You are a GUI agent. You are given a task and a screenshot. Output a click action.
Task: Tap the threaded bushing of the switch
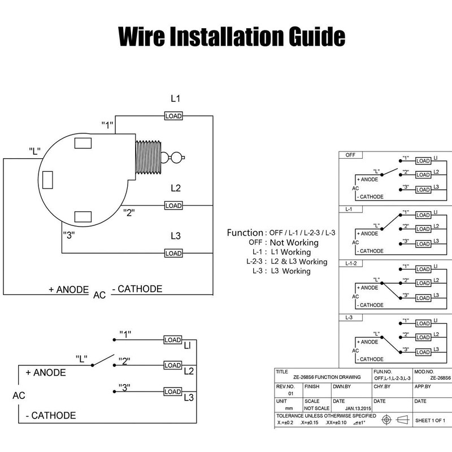click(147, 157)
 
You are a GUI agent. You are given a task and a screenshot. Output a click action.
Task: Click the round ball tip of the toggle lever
click(177, 157)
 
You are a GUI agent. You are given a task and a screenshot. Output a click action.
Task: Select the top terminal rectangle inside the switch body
click(83, 142)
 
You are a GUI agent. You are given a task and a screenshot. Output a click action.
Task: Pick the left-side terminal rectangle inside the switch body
click(48, 179)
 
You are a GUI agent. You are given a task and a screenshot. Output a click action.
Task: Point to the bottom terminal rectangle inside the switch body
click(83, 216)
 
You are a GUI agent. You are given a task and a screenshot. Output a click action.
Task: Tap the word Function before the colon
click(245, 233)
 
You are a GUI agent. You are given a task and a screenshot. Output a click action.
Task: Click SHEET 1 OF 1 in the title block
click(430, 420)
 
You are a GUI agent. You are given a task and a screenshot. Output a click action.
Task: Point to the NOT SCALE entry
click(316, 407)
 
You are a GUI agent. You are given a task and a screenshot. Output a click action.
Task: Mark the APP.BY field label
click(423, 386)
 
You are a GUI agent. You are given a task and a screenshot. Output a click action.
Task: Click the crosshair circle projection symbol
click(387, 420)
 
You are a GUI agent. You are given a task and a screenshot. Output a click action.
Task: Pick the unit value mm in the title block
click(289, 407)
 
